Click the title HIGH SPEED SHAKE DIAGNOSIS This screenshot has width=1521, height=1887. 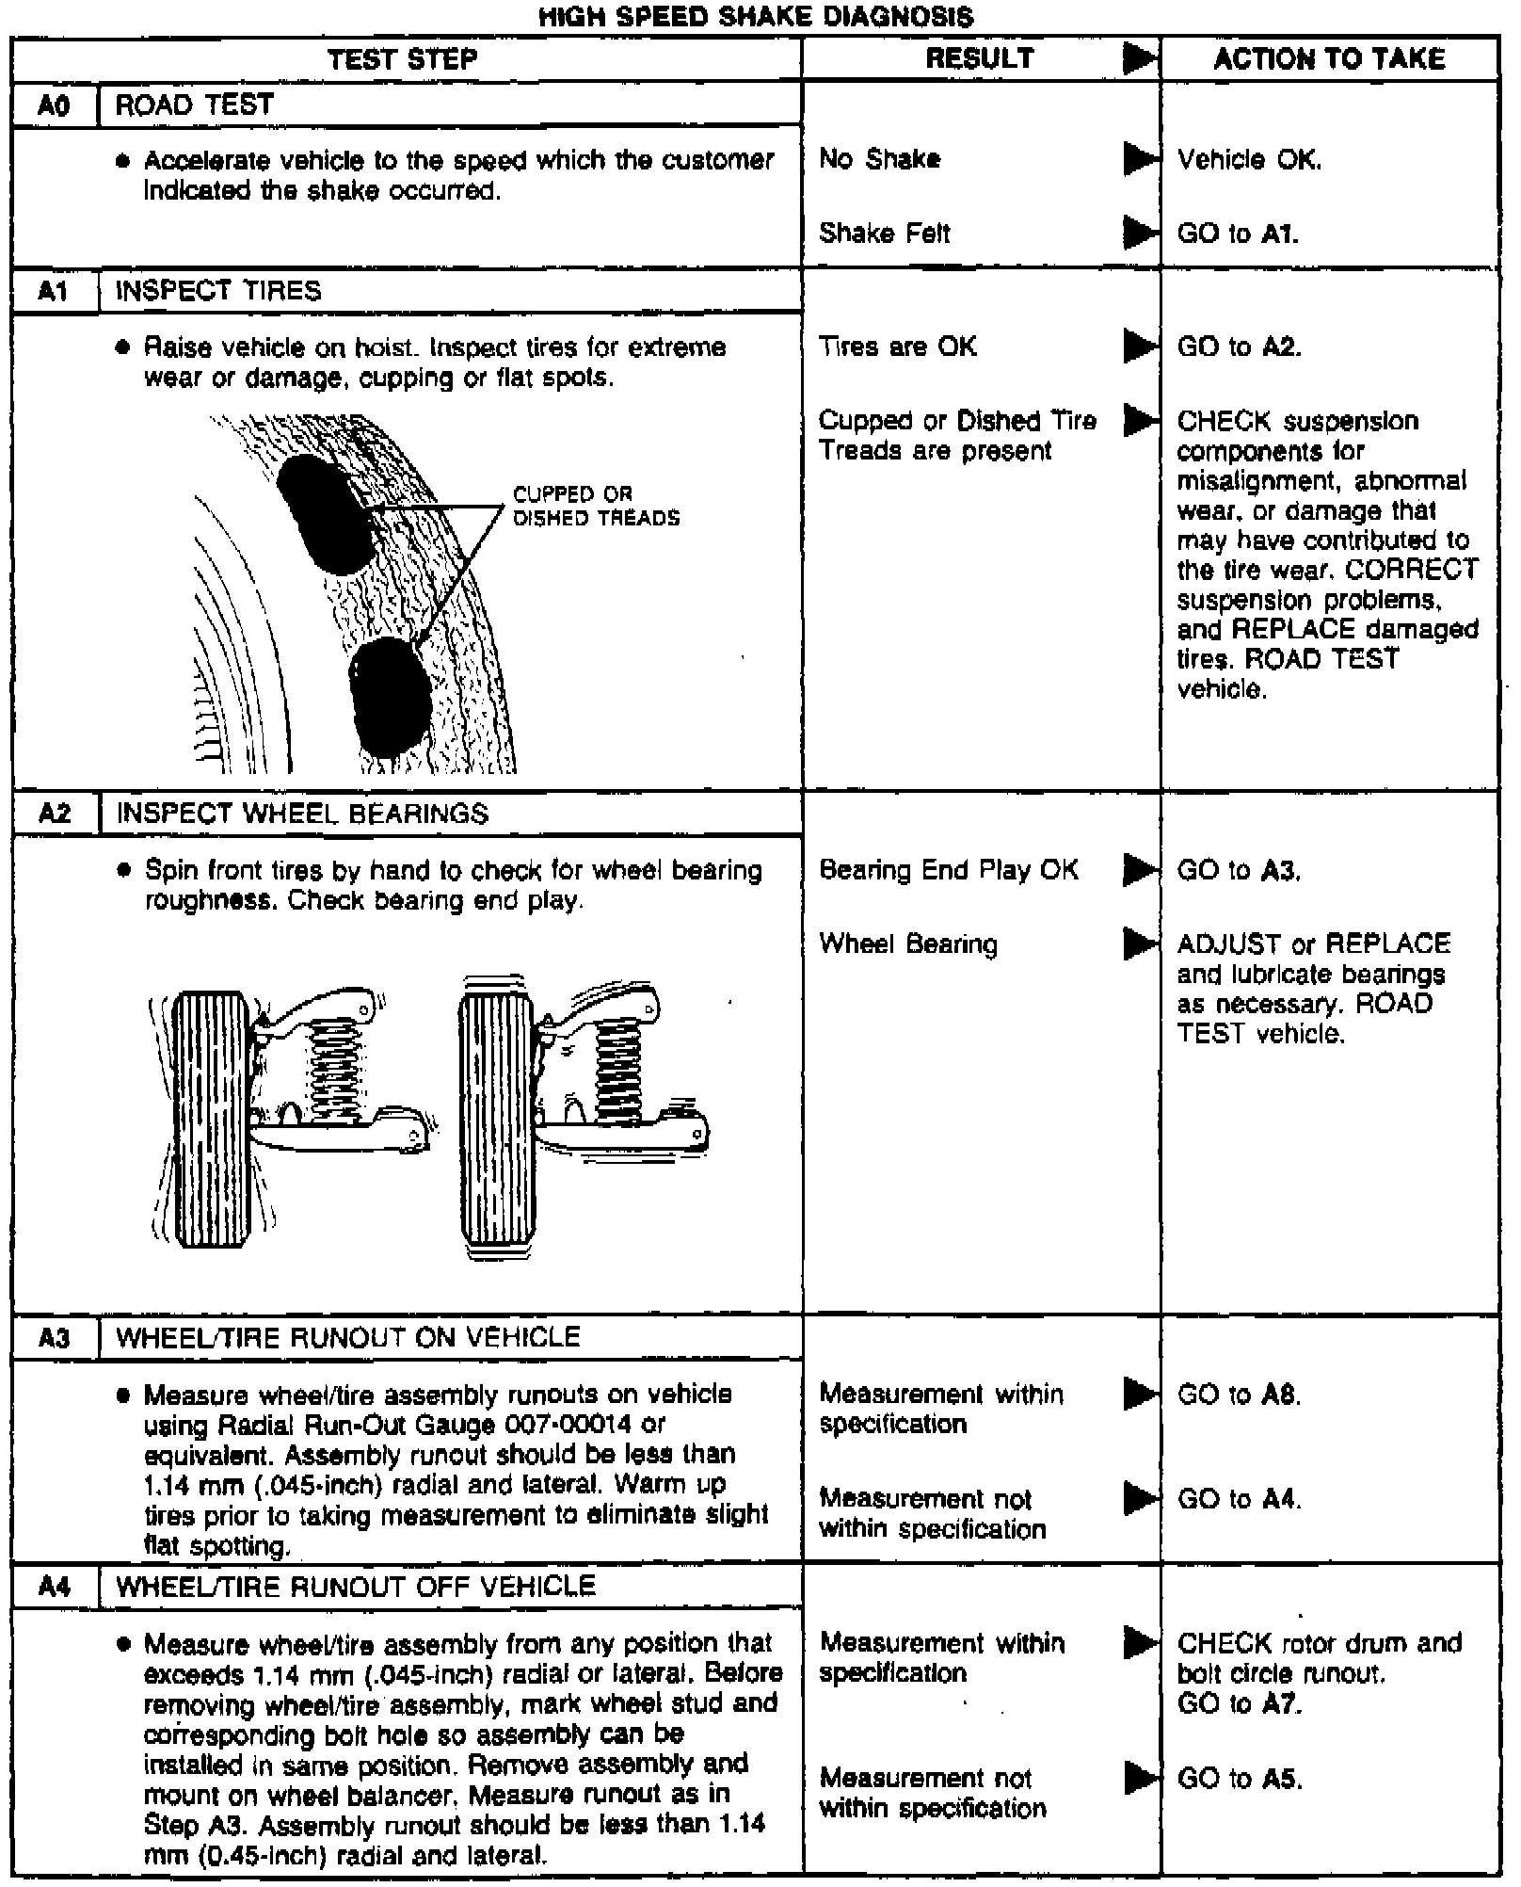tap(756, 16)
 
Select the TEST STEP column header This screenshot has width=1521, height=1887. tap(403, 59)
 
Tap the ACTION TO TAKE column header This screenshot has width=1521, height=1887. tap(1328, 59)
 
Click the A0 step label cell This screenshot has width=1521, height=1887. tap(55, 105)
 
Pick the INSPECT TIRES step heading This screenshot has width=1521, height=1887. tap(217, 291)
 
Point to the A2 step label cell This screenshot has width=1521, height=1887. tap(55, 814)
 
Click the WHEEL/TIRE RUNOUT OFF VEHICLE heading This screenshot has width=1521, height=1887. tap(355, 1587)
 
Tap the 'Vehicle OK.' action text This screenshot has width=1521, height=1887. tap(1249, 160)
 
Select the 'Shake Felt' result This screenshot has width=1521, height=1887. tap(884, 233)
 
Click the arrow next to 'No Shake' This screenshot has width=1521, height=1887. tap(1141, 159)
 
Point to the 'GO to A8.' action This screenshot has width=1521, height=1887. tap(1239, 1395)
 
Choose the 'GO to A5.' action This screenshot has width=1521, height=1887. tap(1239, 1779)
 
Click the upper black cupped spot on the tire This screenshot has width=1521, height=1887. tap(325, 514)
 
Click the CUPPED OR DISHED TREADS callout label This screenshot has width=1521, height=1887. tap(596, 506)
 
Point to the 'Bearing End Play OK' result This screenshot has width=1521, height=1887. tap(948, 870)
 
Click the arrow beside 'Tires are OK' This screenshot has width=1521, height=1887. tap(1141, 347)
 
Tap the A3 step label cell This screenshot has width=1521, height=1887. tap(55, 1338)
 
